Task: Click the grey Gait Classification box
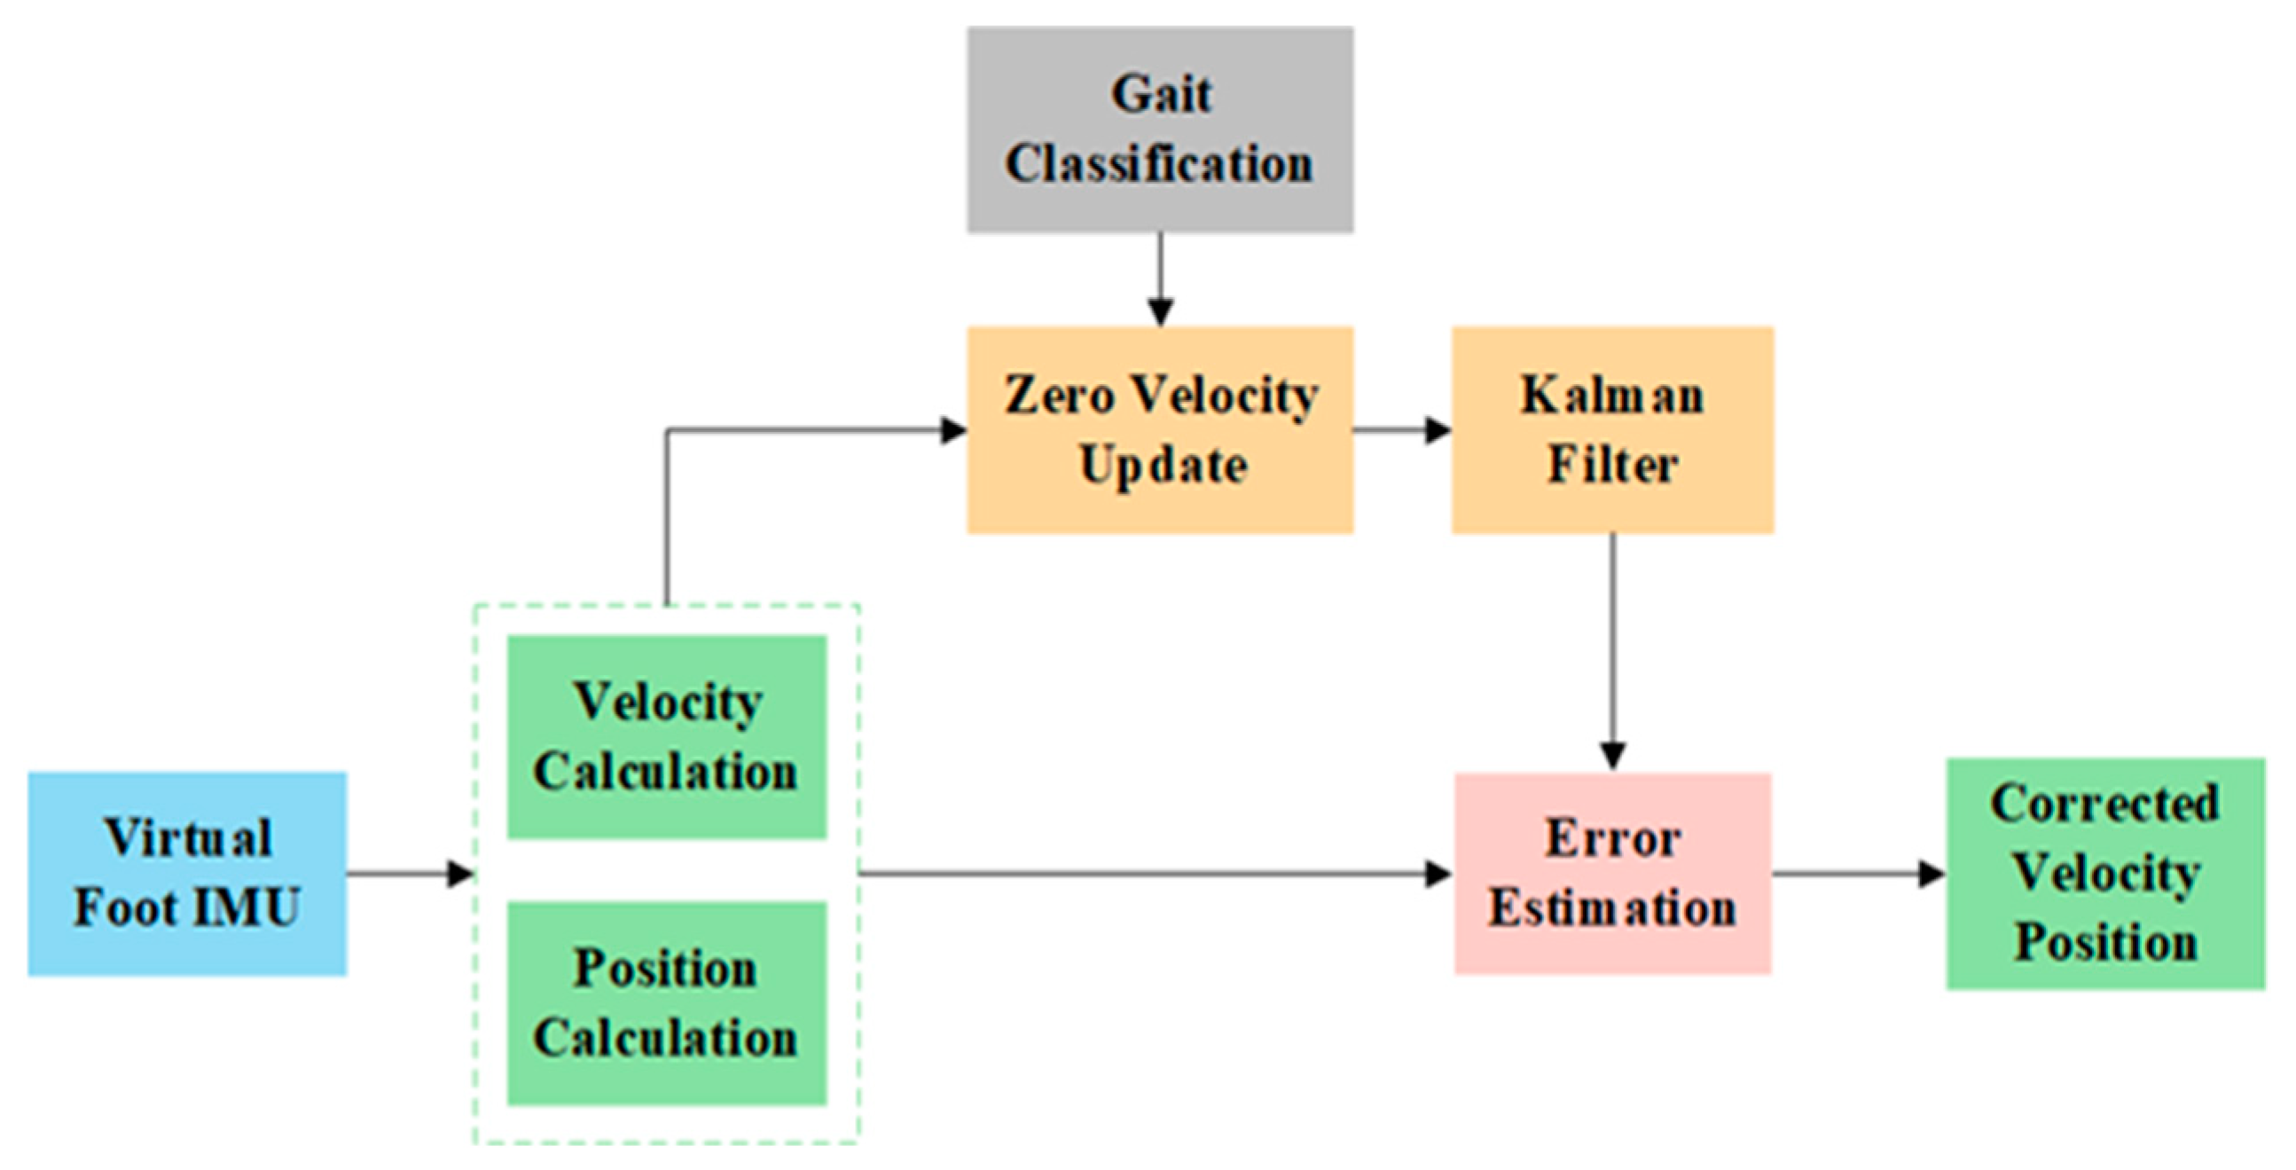(1160, 130)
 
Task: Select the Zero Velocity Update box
(1160, 430)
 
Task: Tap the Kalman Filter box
(1611, 430)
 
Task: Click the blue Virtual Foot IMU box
(187, 873)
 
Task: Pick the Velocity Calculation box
(667, 736)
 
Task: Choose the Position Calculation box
(667, 1003)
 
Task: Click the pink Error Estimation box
(1612, 873)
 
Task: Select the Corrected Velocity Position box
(2104, 873)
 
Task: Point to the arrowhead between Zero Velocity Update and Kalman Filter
(1438, 430)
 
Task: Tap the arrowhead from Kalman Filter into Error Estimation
(1612, 757)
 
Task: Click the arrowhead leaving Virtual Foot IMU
(459, 874)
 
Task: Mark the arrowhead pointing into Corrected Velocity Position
(1932, 874)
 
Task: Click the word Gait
(1161, 95)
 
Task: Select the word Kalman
(1611, 395)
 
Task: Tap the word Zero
(1059, 395)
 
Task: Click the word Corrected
(2104, 804)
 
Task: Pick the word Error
(1612, 838)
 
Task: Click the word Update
(1163, 466)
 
